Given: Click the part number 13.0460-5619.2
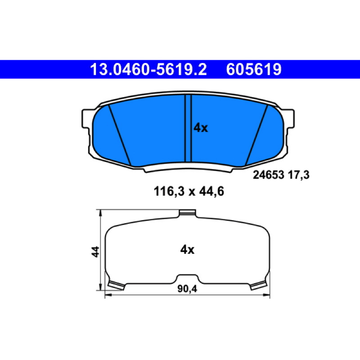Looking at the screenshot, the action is pyautogui.click(x=148, y=69).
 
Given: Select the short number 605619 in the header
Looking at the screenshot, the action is pyautogui.click(x=254, y=69).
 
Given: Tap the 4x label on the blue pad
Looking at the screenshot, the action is pyautogui.click(x=201, y=128).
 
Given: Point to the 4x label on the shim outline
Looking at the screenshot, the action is pyautogui.click(x=187, y=250).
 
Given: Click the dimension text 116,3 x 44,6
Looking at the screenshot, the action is pyautogui.click(x=189, y=191).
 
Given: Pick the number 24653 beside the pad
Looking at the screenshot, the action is pyautogui.click(x=268, y=175).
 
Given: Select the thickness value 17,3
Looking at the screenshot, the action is pyautogui.click(x=298, y=175).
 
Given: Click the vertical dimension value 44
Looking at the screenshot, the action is pyautogui.click(x=95, y=252).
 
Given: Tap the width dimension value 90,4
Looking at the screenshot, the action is pyautogui.click(x=187, y=289).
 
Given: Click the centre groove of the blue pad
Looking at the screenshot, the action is pyautogui.click(x=188, y=128).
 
